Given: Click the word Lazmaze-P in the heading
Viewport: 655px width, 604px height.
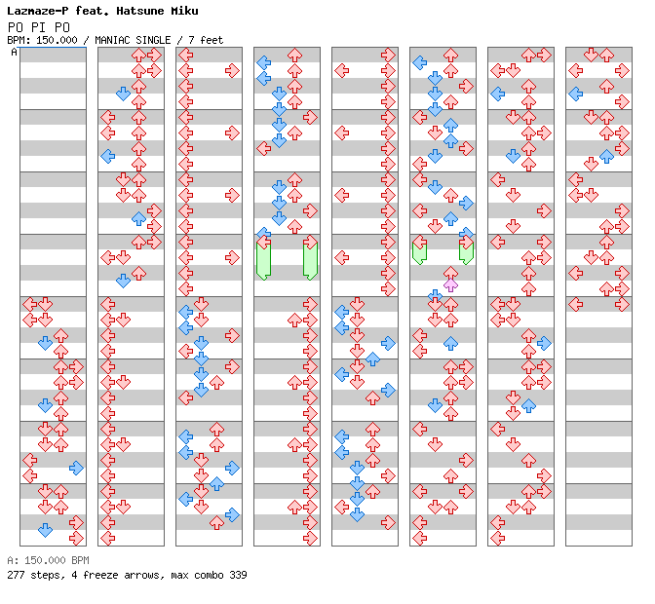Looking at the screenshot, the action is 38,11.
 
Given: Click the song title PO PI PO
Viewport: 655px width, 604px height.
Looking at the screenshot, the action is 38,27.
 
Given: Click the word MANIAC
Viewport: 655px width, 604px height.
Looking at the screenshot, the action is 112,40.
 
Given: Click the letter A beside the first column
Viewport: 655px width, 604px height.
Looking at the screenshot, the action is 14,53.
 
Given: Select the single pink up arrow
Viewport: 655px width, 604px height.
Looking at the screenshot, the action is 450,285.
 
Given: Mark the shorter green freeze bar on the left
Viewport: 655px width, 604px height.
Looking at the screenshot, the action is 419,251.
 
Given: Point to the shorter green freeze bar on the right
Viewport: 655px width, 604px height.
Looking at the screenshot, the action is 466,251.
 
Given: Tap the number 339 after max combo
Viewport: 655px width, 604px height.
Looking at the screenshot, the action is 238,575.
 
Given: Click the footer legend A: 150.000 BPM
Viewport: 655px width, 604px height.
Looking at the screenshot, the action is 48,560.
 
